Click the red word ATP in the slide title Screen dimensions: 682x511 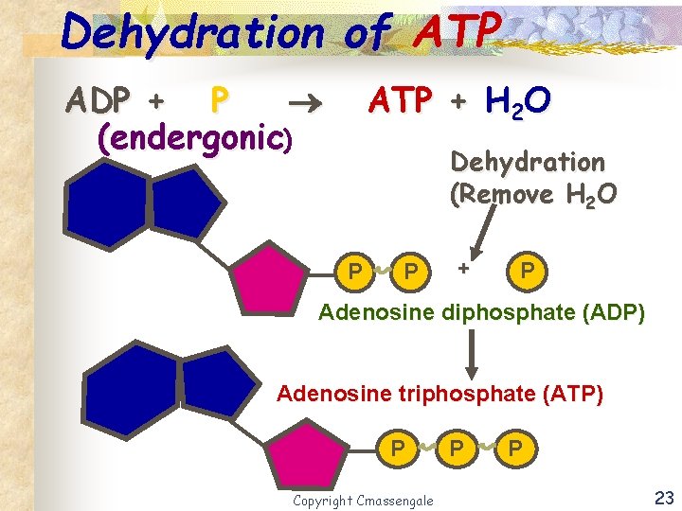click(457, 32)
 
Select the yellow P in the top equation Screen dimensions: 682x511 click(219, 97)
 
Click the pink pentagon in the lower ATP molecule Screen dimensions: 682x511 click(304, 458)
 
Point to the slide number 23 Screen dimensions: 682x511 click(664, 497)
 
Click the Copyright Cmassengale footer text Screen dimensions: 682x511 click(363, 500)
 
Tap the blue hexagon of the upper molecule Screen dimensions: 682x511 click(104, 209)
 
